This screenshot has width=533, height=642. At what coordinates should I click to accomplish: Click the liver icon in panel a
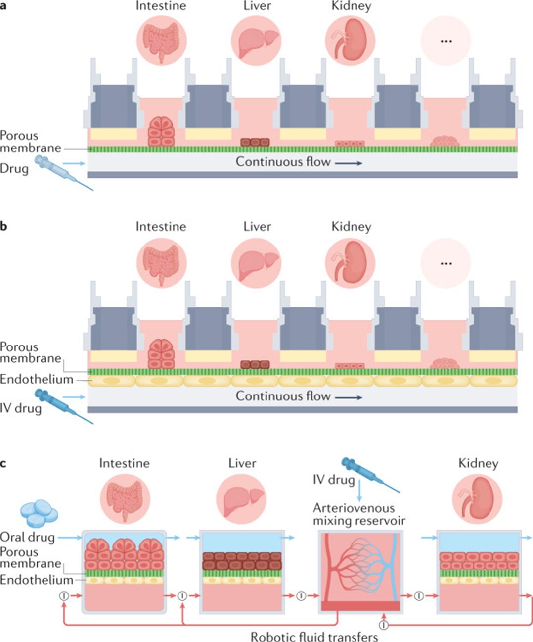click(256, 41)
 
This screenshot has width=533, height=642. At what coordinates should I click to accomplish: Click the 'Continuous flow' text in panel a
click(283, 162)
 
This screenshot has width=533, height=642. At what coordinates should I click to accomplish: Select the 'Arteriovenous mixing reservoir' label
click(359, 514)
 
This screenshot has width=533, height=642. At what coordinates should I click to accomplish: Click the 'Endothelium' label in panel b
click(37, 380)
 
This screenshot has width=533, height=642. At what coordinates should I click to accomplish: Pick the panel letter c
click(3, 464)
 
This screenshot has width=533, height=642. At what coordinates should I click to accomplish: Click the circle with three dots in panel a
click(446, 41)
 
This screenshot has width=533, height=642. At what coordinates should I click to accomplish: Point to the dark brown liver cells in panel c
click(242, 561)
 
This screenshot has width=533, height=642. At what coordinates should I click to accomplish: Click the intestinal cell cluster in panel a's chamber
click(161, 132)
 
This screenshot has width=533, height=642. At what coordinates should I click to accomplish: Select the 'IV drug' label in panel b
click(21, 409)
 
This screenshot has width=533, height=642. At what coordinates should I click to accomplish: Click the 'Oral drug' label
click(27, 537)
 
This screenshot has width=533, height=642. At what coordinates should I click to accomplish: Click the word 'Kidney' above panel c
click(478, 463)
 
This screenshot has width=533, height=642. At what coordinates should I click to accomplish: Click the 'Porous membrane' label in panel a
click(31, 142)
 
